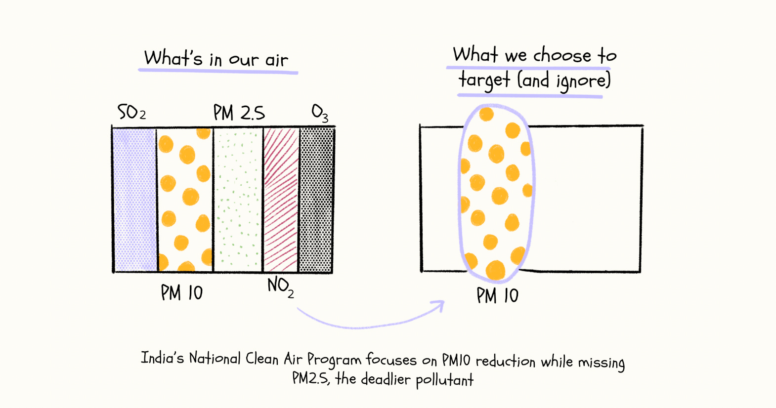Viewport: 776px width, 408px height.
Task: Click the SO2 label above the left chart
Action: coord(131,113)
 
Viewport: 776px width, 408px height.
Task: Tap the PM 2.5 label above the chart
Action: coord(239,113)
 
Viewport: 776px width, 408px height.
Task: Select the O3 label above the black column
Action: coord(320,113)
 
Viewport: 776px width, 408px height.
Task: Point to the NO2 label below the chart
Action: coord(280,286)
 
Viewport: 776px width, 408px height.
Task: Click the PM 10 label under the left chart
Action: coord(181,293)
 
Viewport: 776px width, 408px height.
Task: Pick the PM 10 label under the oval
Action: coord(497,296)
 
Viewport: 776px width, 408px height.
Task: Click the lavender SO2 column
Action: coord(135,200)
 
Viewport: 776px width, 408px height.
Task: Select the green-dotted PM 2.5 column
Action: coord(238,200)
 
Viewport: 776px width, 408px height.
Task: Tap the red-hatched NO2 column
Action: coord(281,200)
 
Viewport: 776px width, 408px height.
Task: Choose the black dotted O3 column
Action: coord(316,200)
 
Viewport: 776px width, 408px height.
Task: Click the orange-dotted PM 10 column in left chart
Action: coord(185,200)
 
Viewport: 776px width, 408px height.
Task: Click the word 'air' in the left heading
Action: coord(276,60)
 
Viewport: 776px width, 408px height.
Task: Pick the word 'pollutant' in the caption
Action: coord(444,380)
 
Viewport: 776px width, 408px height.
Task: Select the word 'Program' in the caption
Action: coord(334,360)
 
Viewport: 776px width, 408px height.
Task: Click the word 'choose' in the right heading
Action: coord(562,54)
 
